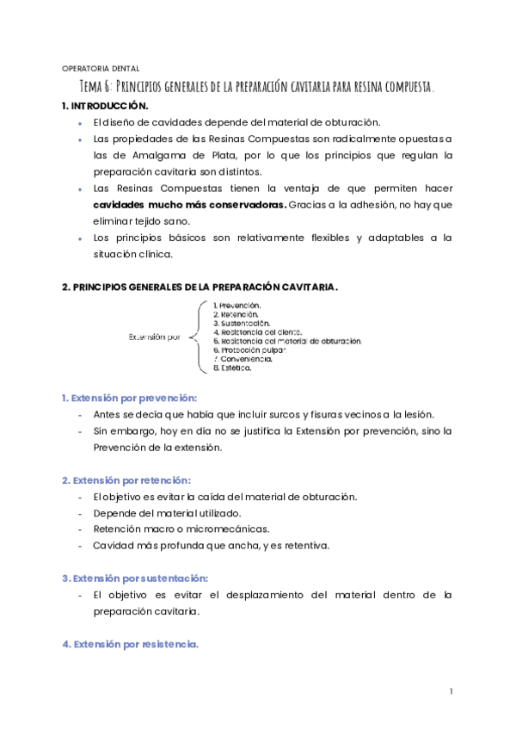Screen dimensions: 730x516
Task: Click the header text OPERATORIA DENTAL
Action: [101, 69]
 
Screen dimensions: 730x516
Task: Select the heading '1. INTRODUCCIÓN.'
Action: [105, 106]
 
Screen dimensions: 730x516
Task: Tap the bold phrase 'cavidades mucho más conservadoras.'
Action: [189, 205]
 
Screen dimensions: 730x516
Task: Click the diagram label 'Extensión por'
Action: [155, 337]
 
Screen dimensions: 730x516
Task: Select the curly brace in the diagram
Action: [198, 337]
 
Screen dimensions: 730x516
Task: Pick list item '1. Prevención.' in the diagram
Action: [236, 305]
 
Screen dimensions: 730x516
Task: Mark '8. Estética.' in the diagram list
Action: [232, 368]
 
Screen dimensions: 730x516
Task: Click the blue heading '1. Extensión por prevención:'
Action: [129, 398]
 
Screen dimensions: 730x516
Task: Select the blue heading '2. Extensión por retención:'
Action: [126, 479]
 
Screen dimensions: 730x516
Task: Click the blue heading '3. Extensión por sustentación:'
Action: [135, 578]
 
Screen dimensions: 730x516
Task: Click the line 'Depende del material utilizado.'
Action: [167, 513]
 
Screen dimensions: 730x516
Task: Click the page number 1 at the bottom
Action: [451, 692]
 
